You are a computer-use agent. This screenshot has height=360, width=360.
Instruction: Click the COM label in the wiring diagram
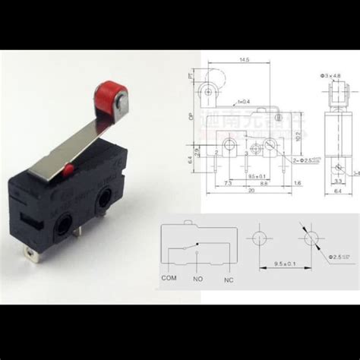click(169, 278)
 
